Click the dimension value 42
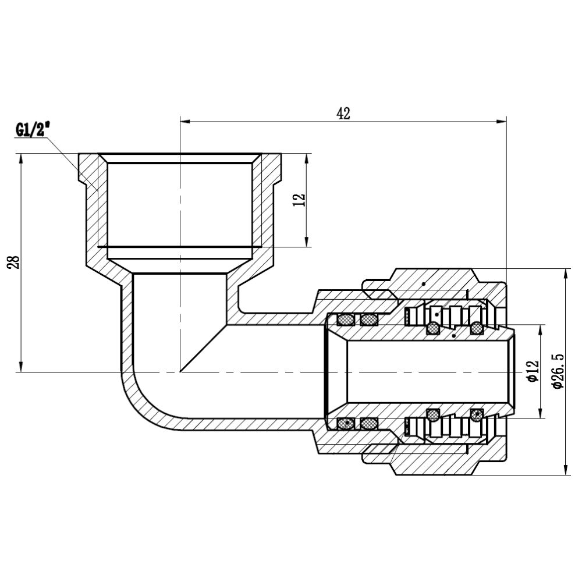pyautogui.click(x=343, y=113)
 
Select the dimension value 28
pyautogui.click(x=16, y=262)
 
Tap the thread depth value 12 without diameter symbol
pyautogui.click(x=299, y=200)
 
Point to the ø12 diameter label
pyautogui.click(x=532, y=371)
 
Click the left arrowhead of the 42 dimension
pyautogui.click(x=186, y=122)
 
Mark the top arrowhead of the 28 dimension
pyautogui.click(x=22, y=158)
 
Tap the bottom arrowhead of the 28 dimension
pyautogui.click(x=22, y=367)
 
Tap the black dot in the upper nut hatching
pyautogui.click(x=424, y=283)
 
